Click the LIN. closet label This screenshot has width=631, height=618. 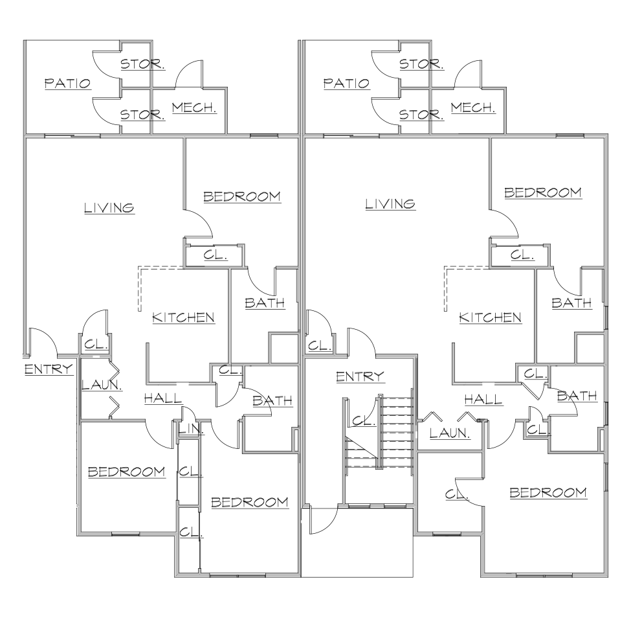tap(191, 429)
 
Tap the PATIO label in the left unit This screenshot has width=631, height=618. tap(67, 84)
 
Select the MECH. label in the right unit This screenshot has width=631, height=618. tap(473, 108)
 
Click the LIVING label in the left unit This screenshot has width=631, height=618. tap(109, 208)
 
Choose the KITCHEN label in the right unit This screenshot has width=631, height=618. tap(490, 318)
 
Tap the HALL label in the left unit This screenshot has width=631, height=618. tap(163, 399)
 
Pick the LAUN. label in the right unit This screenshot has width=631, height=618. tap(450, 433)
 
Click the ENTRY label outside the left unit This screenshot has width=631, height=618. tap(49, 369)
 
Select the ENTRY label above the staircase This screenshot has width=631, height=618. tap(360, 376)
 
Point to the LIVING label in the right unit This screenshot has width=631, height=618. tap(390, 204)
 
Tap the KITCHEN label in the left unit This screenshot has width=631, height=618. tap(183, 318)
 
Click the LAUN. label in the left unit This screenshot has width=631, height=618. tap(102, 385)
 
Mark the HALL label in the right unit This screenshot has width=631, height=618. tap(483, 400)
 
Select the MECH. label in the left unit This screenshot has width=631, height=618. tap(194, 108)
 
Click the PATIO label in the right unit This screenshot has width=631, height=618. tap(346, 84)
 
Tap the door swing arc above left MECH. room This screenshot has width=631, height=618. tap(188, 74)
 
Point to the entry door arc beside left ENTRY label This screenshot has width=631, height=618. tap(43, 341)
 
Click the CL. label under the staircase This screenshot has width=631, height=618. tap(364, 422)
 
